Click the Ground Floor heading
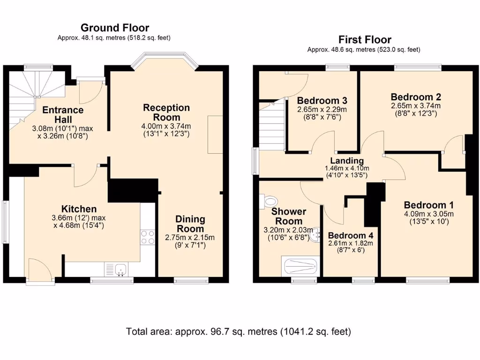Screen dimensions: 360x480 coord(115,28)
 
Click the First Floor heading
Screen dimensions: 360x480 coord(364,39)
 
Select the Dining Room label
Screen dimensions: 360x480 coord(190,224)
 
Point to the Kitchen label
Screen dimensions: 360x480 coord(79,209)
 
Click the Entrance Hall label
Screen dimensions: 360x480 coord(63,115)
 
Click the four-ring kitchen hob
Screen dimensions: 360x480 coord(148,237)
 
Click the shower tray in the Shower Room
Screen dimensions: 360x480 coord(300,266)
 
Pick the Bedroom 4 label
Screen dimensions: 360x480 coord(350,235)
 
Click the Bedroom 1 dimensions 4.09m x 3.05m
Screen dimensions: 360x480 coord(429,214)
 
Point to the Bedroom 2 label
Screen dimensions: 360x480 coord(416,97)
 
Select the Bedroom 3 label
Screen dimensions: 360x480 coord(322,100)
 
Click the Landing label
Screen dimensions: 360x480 coord(347,161)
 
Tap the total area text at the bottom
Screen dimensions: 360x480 coord(238,332)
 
